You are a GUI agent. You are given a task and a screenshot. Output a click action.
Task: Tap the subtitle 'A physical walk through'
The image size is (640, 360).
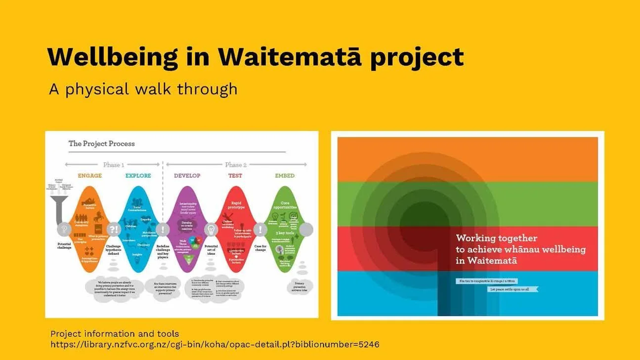pos(143,89)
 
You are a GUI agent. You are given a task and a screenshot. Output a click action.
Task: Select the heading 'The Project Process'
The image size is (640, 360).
pos(101,144)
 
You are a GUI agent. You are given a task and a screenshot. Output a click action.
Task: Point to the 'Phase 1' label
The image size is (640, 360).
pos(113,164)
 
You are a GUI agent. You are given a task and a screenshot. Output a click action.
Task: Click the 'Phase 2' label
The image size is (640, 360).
pos(236,164)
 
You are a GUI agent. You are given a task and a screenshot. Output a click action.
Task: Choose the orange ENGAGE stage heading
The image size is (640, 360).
pos(89,176)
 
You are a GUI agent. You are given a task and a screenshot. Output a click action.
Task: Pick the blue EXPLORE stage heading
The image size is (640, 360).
pos(138,176)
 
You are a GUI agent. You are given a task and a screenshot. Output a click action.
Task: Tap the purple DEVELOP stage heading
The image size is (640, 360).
pos(187,176)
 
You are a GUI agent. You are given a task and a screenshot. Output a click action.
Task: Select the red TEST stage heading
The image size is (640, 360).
pos(235,176)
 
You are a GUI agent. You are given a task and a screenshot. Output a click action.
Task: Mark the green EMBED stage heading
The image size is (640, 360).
pos(284,176)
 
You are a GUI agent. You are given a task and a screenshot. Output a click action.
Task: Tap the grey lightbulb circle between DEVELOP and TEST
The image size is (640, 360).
pos(211,230)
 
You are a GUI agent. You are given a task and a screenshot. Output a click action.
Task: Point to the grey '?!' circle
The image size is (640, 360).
pos(114,230)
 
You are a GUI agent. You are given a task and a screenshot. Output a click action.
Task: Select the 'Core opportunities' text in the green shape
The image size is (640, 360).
pos(285,205)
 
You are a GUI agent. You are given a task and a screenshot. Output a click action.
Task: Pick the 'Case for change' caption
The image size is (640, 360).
pos(260,248)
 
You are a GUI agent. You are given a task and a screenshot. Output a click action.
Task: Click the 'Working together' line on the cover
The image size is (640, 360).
pos(497,239)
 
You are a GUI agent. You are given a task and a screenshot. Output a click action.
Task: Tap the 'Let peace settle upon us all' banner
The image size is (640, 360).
pos(512,289)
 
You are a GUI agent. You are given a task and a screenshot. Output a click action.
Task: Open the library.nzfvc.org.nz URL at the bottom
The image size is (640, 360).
pos(214,344)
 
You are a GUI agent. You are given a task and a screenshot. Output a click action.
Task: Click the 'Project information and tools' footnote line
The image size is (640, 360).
pos(115,334)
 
